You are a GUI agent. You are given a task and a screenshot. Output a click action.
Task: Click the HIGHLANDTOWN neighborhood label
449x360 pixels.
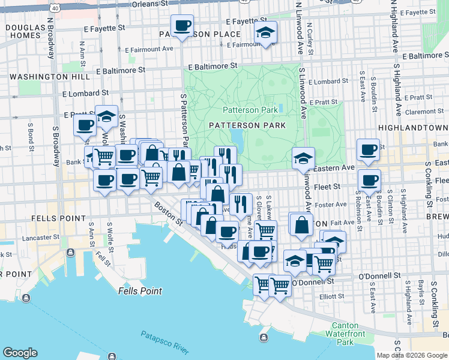pyautogui.click(x=413, y=128)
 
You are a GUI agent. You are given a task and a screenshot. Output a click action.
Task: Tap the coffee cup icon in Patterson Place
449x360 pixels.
pyautogui.click(x=182, y=26)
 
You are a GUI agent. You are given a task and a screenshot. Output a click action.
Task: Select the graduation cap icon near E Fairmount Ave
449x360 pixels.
pyautogui.click(x=264, y=34)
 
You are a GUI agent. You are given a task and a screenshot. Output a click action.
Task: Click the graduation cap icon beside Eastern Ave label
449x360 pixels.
pyautogui.click(x=303, y=158)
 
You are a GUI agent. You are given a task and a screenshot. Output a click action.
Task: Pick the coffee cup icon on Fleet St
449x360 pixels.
pyautogui.click(x=369, y=179)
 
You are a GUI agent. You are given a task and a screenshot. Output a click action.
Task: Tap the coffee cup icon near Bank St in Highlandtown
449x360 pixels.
pyautogui.click(x=367, y=149)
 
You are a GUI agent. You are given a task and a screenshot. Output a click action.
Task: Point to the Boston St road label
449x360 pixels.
pyautogui.click(x=168, y=214)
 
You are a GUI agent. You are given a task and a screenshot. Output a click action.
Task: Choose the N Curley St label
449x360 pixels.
pyautogui.click(x=310, y=40)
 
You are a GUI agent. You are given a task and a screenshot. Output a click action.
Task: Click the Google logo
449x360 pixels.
pyautogui.click(x=20, y=353)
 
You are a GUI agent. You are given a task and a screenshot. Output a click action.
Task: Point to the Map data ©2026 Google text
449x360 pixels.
pyautogui.click(x=412, y=355)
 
